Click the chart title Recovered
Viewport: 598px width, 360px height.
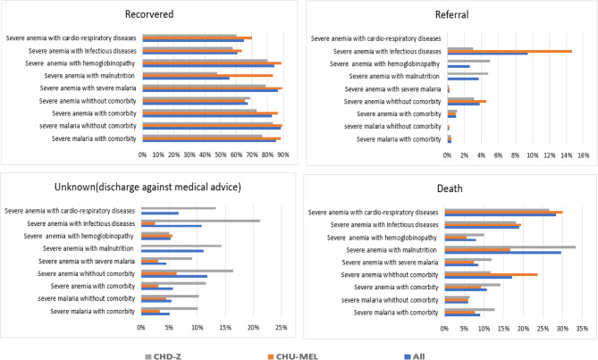coord(149,14)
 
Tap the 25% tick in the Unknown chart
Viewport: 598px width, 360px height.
coord(280,327)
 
